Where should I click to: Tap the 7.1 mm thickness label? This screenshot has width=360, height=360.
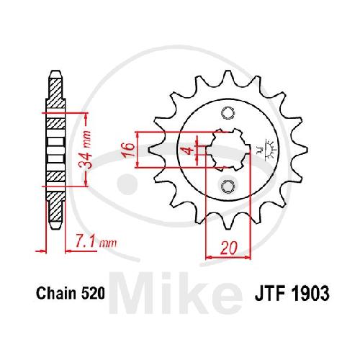point(96,243)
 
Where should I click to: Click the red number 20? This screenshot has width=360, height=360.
point(228,248)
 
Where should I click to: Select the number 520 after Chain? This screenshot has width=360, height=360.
point(93,293)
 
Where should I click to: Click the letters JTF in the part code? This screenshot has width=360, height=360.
point(271,293)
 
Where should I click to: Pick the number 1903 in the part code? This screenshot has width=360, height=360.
point(310,293)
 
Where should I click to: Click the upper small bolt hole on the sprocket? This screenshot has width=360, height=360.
point(228,112)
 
